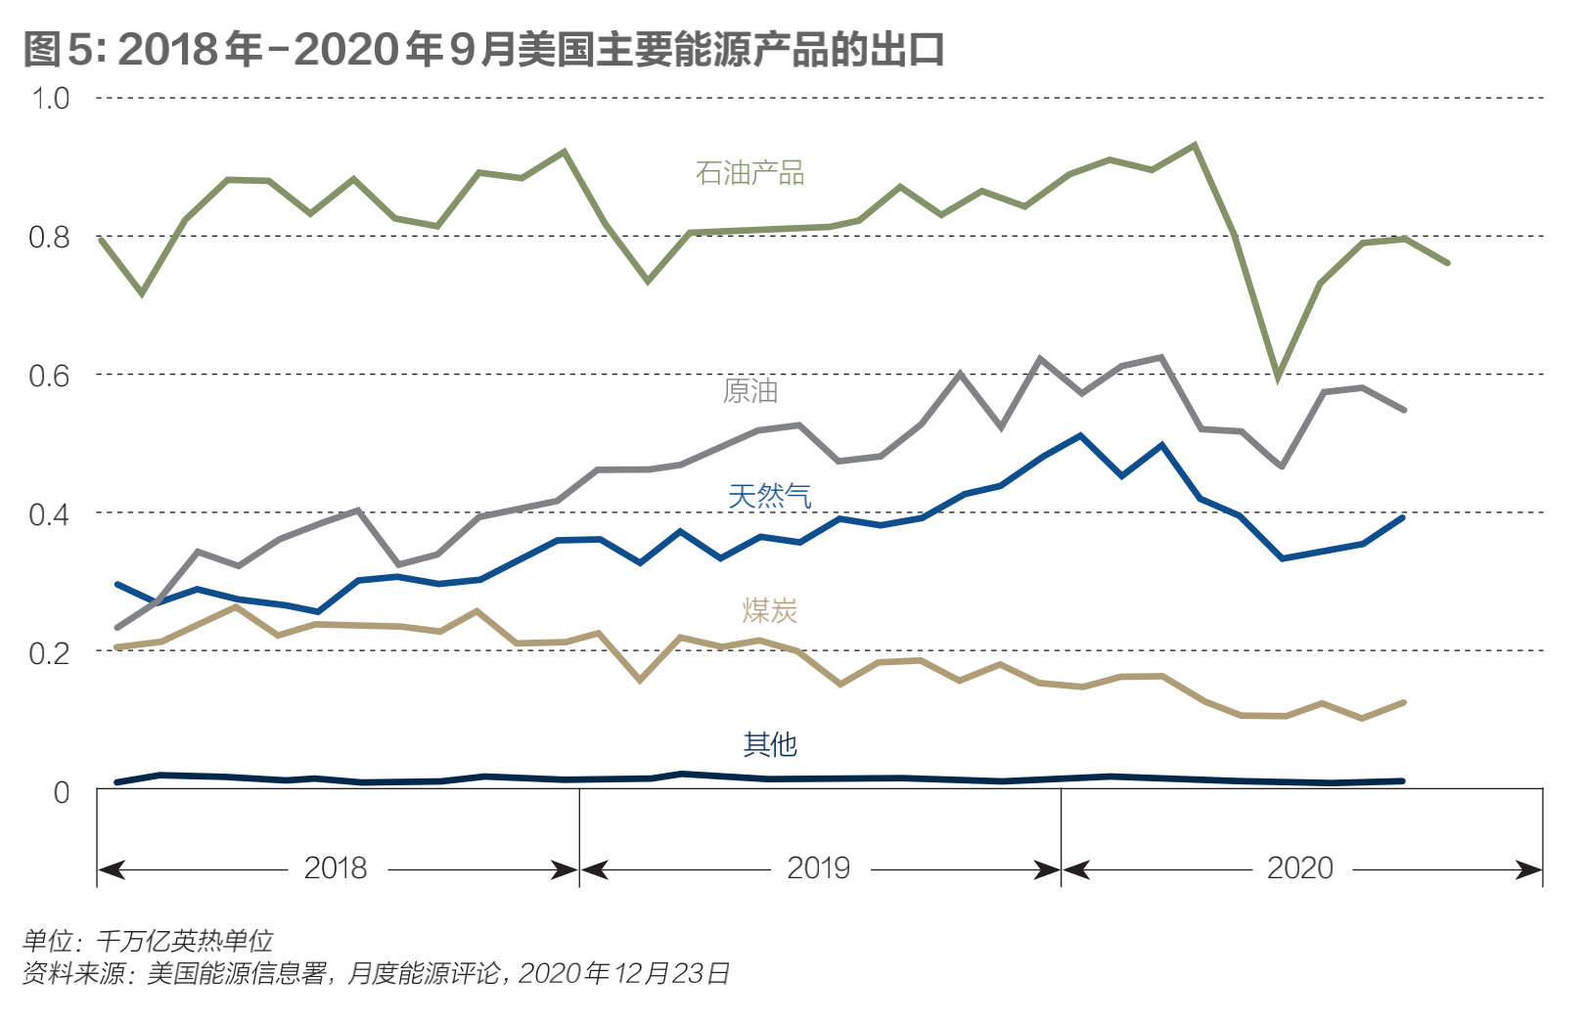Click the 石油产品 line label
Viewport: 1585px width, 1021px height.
click(749, 173)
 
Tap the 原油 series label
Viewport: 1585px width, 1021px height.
click(750, 391)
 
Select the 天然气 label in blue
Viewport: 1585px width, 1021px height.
click(769, 496)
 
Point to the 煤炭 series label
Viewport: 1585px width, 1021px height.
click(769, 610)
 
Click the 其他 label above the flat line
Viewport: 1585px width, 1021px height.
click(770, 744)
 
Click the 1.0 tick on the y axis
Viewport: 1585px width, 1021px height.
click(50, 99)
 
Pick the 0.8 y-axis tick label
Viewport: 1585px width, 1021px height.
click(50, 237)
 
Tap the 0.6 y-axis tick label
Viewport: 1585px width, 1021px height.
click(50, 376)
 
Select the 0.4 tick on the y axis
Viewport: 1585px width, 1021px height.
click(50, 513)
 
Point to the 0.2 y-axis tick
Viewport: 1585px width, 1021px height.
click(50, 652)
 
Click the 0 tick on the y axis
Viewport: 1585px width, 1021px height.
click(62, 791)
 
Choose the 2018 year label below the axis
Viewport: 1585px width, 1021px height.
click(336, 868)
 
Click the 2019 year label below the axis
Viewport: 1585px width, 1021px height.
click(819, 868)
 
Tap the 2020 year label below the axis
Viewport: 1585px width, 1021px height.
click(1300, 868)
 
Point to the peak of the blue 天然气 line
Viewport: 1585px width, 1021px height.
click(1080, 435)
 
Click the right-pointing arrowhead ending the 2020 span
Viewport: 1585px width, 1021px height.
click(1531, 869)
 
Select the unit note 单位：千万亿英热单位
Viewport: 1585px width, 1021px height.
click(148, 941)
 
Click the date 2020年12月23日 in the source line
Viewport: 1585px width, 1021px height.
click(623, 973)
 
